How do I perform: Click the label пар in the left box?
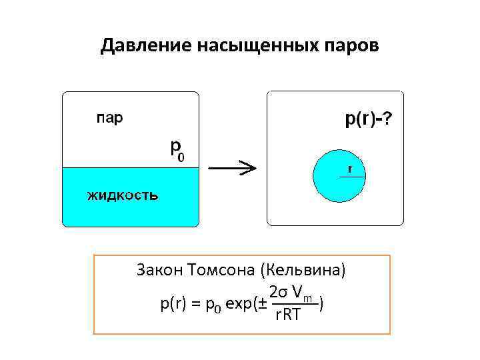pyautogui.click(x=109, y=119)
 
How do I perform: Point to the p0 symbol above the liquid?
pyautogui.click(x=177, y=149)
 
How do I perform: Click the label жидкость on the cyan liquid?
pyautogui.click(x=122, y=195)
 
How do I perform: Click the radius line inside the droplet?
pyautogui.click(x=352, y=176)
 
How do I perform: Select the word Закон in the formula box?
pyautogui.click(x=160, y=271)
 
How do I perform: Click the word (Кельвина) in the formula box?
pyautogui.click(x=305, y=271)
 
